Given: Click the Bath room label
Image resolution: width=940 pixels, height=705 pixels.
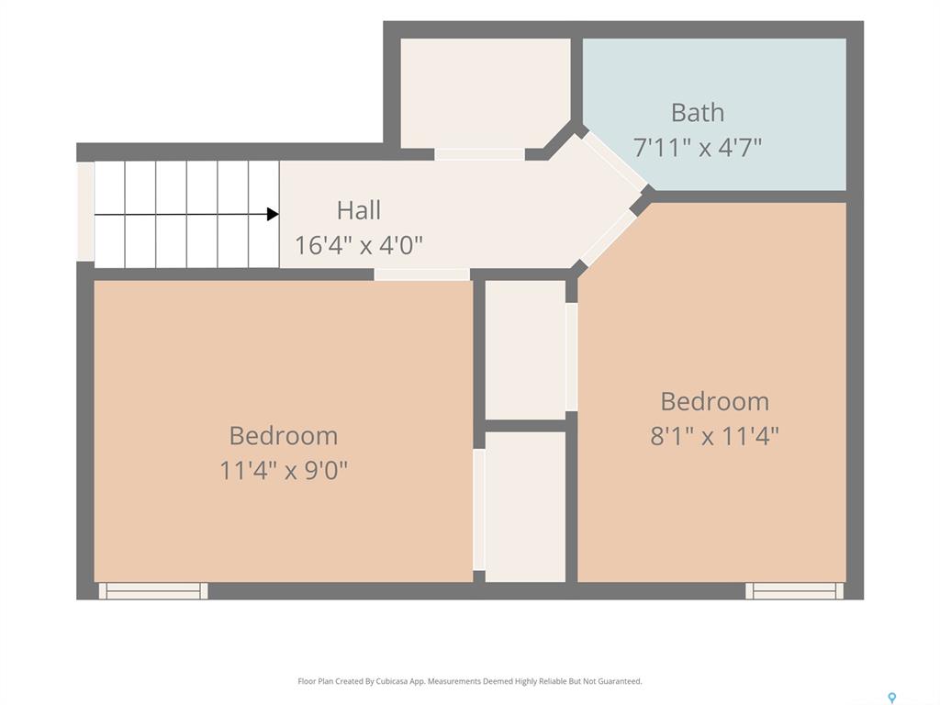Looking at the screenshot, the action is coord(698,112).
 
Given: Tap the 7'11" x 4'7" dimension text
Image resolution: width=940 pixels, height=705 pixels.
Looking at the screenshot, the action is coord(698,146).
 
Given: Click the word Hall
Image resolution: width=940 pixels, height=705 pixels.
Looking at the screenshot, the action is coord(359,210).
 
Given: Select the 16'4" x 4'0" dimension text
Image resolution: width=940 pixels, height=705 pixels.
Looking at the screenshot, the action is coord(359,244).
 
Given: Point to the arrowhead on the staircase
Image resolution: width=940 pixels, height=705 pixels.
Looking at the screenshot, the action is coord(273,214).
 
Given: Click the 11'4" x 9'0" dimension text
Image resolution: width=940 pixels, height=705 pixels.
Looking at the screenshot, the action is coord(284,470).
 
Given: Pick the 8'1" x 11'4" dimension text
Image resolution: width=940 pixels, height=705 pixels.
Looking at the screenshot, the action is coord(714,436).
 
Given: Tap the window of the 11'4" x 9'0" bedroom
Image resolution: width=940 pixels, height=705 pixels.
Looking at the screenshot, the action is coord(153,590).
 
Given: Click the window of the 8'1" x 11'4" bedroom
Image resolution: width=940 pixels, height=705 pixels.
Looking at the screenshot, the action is coord(794,590).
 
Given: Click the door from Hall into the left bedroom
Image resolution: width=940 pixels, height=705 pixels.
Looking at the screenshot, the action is coord(422,274).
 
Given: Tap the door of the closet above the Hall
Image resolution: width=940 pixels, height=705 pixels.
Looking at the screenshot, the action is coord(479,154).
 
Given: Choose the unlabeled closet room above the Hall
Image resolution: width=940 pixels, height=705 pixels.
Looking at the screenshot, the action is coord(485,93).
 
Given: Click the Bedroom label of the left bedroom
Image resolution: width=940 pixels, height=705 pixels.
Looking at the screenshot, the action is coord(284,436).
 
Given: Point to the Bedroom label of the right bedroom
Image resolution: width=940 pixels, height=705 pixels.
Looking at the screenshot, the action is coord(714,401).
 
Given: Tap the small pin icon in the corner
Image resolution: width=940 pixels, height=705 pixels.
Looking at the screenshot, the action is coord(892,698).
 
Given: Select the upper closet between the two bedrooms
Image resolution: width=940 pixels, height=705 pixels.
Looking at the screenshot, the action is coord(525,350).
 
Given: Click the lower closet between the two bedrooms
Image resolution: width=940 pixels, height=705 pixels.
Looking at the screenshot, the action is coord(525,507).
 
